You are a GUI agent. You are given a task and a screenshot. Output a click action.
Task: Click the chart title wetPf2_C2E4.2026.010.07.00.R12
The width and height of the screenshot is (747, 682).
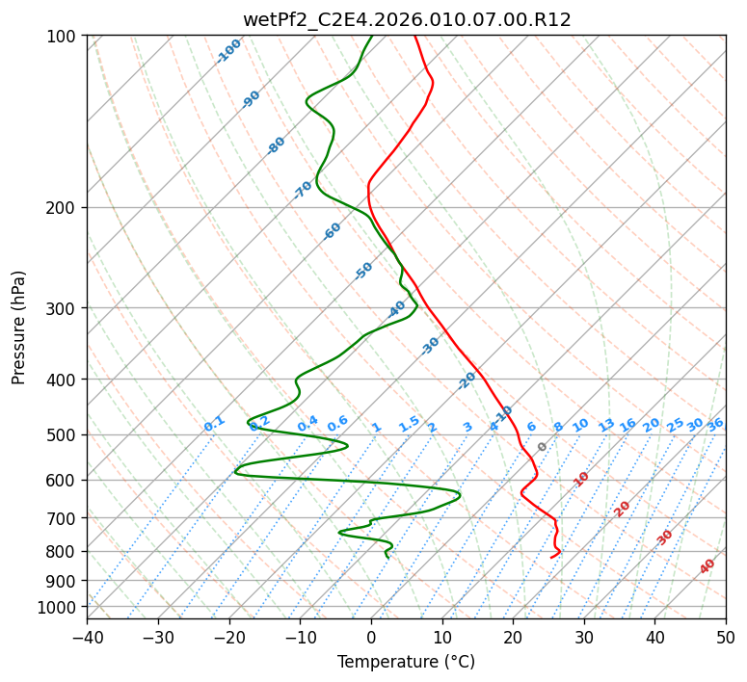(407, 19)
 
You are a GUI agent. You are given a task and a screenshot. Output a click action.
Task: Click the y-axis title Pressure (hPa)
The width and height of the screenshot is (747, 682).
(17, 328)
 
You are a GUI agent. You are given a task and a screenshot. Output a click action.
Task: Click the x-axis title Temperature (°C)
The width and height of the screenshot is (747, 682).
(407, 662)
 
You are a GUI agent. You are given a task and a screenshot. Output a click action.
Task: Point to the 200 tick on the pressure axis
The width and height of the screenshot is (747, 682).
(63, 208)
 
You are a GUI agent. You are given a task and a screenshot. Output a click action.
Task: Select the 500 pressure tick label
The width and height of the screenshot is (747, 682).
(63, 434)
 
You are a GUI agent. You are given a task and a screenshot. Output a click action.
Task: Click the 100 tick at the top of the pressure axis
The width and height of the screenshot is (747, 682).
(63, 36)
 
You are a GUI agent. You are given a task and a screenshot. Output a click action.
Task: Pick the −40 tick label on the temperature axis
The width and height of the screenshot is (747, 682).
(87, 637)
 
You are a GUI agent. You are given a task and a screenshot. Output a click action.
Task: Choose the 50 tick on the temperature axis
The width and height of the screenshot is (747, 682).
(726, 637)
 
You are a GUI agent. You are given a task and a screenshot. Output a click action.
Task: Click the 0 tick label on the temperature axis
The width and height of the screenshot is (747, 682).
(371, 637)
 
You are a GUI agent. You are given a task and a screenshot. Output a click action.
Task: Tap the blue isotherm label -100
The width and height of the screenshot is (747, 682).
(228, 51)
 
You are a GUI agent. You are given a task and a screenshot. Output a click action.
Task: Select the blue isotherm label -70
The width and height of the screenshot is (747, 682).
(303, 189)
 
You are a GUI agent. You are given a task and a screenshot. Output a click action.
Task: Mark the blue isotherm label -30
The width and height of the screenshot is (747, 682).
(430, 346)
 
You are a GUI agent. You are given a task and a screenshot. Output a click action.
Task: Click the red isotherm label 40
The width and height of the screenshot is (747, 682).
(707, 566)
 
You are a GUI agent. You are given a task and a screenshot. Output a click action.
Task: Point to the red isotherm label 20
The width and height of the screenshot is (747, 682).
(622, 510)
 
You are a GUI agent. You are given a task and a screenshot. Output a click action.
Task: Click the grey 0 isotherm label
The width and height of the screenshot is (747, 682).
(542, 447)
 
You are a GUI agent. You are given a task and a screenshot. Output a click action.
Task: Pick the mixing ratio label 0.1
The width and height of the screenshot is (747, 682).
(214, 424)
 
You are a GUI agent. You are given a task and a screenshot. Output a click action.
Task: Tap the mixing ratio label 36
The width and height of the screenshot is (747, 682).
(715, 425)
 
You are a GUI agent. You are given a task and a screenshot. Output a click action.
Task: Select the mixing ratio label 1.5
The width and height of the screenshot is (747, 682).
(409, 424)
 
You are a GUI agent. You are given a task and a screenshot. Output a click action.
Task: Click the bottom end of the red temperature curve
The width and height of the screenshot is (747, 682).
(550, 558)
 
